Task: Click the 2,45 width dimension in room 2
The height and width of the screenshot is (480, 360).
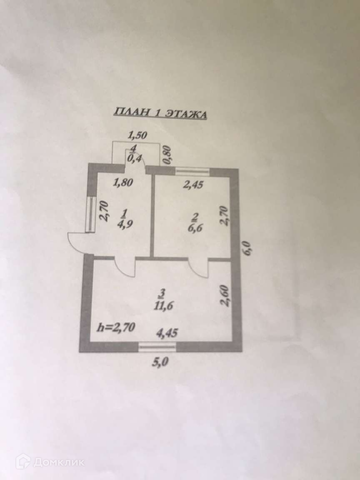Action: tap(193, 185)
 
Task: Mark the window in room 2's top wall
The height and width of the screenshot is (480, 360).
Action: tap(192, 171)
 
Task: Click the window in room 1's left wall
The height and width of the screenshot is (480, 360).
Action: tap(89, 214)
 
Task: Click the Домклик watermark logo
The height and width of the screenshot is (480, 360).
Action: tap(50, 462)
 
